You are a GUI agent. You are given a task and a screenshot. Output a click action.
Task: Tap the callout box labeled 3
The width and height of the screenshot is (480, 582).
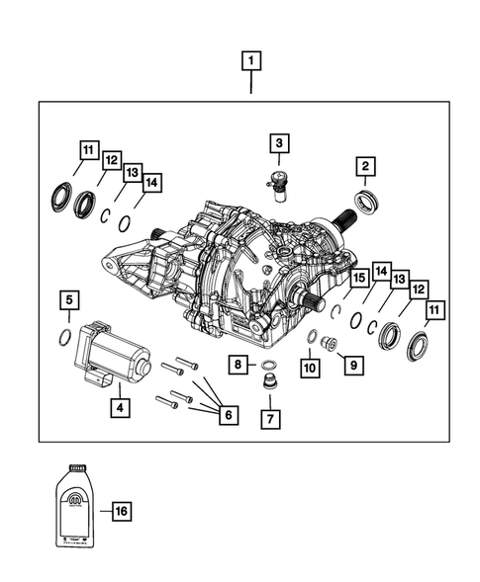point(279,144)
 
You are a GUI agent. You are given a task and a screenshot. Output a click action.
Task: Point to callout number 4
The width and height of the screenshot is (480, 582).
point(119,405)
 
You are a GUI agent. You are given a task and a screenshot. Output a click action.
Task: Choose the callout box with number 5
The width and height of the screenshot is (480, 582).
point(67,298)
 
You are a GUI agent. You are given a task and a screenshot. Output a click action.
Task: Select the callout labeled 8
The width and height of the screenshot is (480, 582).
point(239,365)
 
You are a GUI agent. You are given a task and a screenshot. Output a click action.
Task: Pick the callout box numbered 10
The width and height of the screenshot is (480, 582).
point(310,368)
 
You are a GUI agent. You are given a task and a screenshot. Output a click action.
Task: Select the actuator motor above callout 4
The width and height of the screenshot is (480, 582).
point(111,349)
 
